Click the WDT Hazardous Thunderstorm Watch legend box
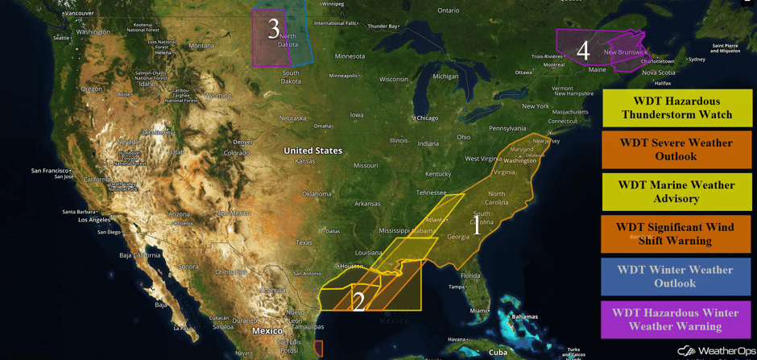677,108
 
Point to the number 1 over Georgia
476,226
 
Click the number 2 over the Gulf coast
359,301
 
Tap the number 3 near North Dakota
274,29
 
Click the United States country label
312,151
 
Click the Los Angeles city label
77,220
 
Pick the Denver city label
242,143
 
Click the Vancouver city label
80,14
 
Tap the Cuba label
498,352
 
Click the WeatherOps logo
714,351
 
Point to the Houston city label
352,266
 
